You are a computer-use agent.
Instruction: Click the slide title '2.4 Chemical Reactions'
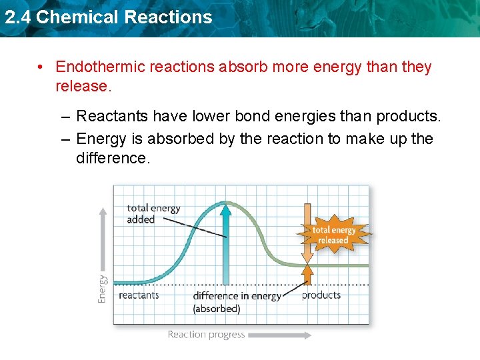click(x=108, y=17)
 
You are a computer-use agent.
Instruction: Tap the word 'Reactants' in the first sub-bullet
click(x=112, y=117)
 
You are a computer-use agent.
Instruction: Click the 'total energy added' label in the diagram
click(x=153, y=213)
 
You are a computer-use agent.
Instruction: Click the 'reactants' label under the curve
click(x=139, y=295)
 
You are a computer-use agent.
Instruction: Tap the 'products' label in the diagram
click(x=321, y=295)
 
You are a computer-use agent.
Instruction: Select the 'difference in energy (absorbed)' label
click(x=236, y=302)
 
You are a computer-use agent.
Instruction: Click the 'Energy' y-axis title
click(x=103, y=289)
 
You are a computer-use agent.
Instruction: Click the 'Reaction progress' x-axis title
click(x=206, y=335)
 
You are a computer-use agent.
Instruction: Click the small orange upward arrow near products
click(x=307, y=275)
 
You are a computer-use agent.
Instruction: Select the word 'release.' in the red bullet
click(x=83, y=87)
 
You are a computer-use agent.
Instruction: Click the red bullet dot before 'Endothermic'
click(x=41, y=67)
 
